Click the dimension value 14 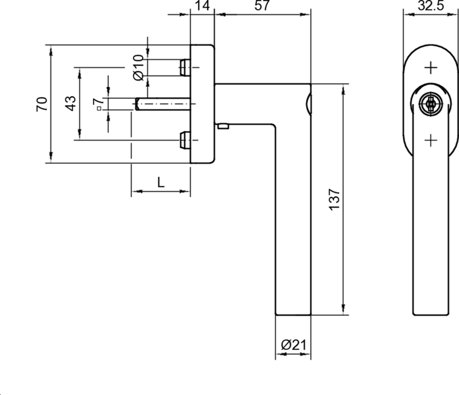tap(201, 7)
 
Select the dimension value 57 tap(262, 7)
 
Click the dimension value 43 tap(69, 103)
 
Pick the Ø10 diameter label tap(138, 68)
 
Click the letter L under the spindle tap(161, 182)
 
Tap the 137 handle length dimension tap(336, 198)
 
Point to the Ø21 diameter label tap(293, 345)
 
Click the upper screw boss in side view tap(185, 68)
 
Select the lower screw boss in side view tap(185, 139)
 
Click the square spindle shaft tap(164, 104)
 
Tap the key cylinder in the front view tap(429, 104)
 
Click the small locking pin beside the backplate tap(223, 124)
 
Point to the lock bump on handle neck tap(309, 104)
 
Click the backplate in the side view tap(202, 104)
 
